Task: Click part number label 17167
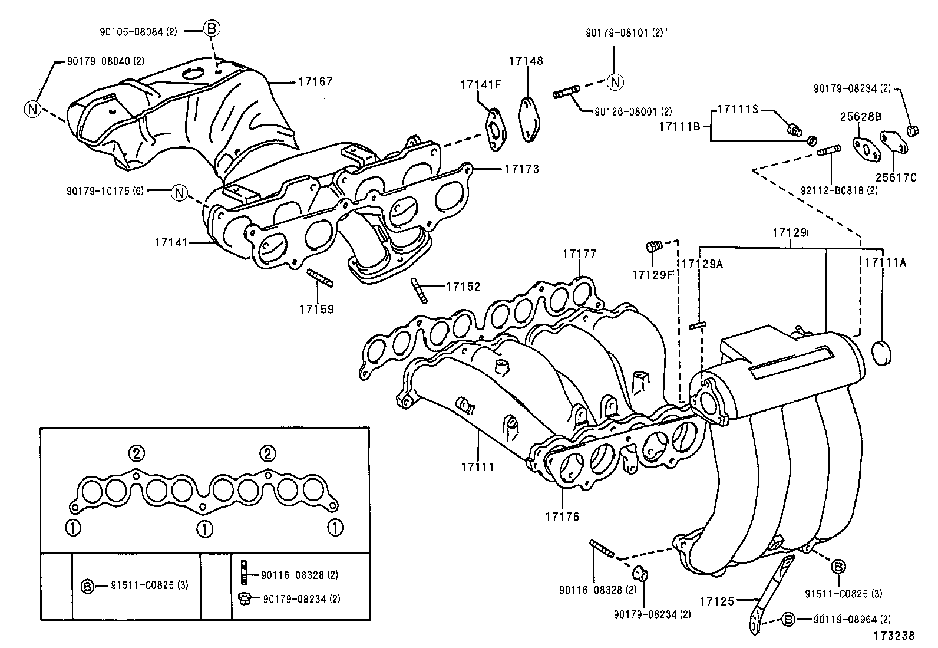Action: click(x=315, y=82)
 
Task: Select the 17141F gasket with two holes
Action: click(x=495, y=127)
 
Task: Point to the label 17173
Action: click(x=521, y=169)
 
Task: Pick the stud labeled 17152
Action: click(x=419, y=291)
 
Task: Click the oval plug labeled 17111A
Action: click(x=881, y=353)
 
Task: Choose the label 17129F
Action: click(x=652, y=275)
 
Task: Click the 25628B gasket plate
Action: click(x=864, y=148)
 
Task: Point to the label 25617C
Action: click(x=896, y=177)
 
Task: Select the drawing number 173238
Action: click(x=894, y=636)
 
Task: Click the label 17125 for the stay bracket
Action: click(x=717, y=601)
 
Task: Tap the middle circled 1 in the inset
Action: click(x=204, y=529)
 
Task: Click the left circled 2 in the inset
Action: click(x=136, y=453)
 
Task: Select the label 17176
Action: click(x=562, y=517)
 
